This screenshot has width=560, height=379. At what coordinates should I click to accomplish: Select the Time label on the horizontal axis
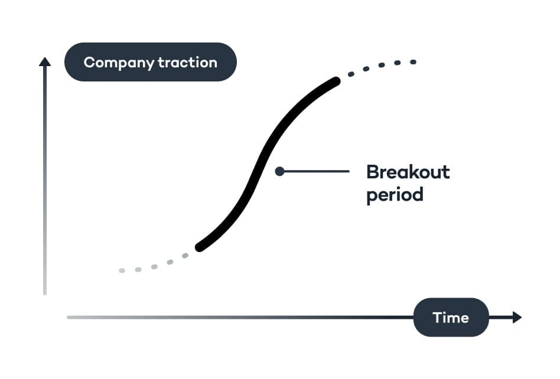pyautogui.click(x=451, y=318)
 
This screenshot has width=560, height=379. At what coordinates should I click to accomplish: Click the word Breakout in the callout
pyautogui.click(x=408, y=172)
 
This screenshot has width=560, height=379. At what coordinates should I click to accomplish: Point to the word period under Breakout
pyautogui.click(x=395, y=195)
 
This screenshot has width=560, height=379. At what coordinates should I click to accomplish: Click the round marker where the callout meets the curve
pyautogui.click(x=279, y=171)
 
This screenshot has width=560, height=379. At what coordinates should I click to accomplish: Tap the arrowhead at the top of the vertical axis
pyautogui.click(x=45, y=61)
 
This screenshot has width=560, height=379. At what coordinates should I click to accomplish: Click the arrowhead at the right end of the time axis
pyautogui.click(x=517, y=317)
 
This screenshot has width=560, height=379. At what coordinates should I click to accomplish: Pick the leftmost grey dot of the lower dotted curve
pyautogui.click(x=122, y=270)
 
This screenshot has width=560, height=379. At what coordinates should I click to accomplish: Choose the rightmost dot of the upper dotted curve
pyautogui.click(x=414, y=61)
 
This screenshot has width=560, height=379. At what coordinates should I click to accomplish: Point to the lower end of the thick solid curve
pyautogui.click(x=200, y=247)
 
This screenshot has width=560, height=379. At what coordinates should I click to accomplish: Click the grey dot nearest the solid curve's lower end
pyautogui.click(x=185, y=256)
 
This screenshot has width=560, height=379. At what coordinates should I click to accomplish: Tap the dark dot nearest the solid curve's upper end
pyautogui.click(x=351, y=74)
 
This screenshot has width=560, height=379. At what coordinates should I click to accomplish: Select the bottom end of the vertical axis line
pyautogui.click(x=45, y=293)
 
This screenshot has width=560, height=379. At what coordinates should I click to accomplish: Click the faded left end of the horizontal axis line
pyautogui.click(x=69, y=318)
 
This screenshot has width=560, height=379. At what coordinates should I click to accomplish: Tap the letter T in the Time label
pyautogui.click(x=437, y=318)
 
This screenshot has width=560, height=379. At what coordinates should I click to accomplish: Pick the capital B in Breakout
pyautogui.click(x=373, y=172)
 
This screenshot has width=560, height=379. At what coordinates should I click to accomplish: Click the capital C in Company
pyautogui.click(x=89, y=63)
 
